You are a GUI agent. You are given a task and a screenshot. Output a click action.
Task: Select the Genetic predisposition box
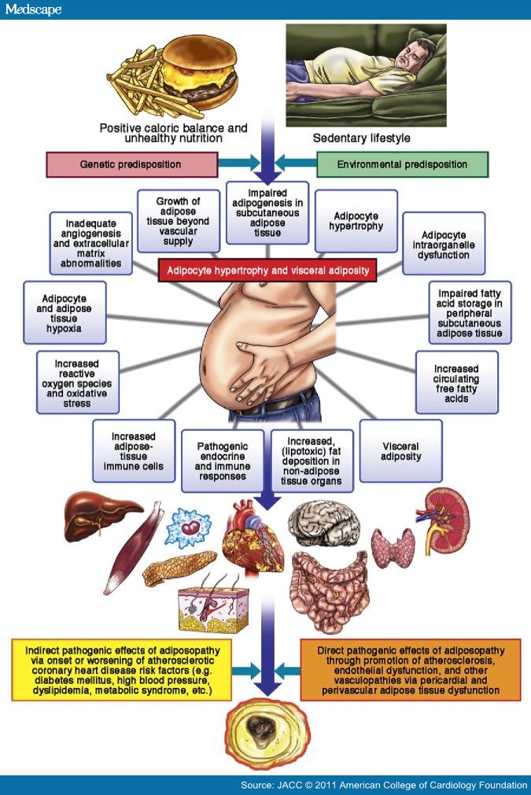[x=131, y=164]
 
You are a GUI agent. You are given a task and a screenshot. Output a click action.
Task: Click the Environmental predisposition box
[x=401, y=164]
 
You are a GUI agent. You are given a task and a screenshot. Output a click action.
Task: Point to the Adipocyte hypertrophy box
[x=356, y=219]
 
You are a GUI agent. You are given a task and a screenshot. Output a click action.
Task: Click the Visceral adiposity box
[x=400, y=451]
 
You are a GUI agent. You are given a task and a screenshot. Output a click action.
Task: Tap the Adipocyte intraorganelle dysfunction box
[x=443, y=243]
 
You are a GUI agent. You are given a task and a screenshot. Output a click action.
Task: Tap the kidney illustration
[x=446, y=519]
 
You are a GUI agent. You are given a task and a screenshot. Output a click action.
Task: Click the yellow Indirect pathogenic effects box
[x=121, y=669]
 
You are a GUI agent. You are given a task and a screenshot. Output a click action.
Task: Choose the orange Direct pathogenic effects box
[x=410, y=669]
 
